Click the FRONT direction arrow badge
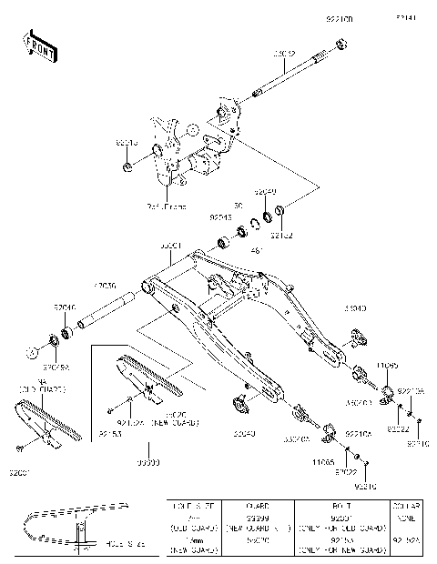pyautogui.click(x=39, y=46)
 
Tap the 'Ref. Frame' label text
pyautogui.click(x=167, y=206)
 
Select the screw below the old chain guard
pyautogui.click(x=19, y=448)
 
